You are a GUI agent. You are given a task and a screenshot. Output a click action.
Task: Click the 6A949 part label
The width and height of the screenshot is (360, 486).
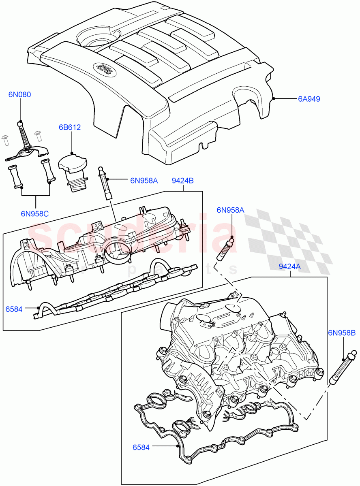pos(309,98)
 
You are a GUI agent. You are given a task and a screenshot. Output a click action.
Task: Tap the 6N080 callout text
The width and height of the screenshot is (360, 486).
pos(19,94)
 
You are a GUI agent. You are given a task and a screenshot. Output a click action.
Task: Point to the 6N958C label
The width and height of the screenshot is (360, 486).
pos(35,214)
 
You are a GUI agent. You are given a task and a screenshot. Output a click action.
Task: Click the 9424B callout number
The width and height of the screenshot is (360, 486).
pos(182,181)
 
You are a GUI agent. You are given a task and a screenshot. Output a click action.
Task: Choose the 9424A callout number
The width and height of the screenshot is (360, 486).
pos(289,266)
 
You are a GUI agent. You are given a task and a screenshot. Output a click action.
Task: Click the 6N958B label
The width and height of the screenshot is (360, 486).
pos(341,333)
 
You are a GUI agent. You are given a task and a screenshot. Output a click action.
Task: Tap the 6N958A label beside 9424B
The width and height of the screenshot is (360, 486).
pos(144,181)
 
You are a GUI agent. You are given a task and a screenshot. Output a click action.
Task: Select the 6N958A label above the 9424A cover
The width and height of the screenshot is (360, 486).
pos(230,210)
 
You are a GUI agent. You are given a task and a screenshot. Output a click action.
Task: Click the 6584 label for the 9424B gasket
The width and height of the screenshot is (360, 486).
pos(14,309)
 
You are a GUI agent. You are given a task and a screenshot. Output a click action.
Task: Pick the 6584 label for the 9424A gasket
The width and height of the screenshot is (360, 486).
pos(141,447)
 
